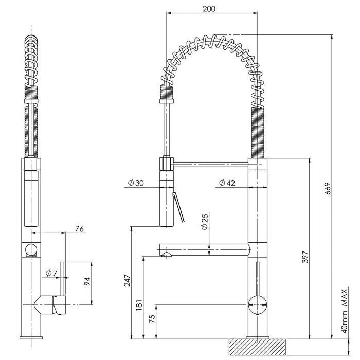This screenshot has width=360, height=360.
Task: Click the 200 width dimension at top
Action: click(209, 9)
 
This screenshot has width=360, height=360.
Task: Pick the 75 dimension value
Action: click(150, 319)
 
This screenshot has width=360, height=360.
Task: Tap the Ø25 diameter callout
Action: click(205, 222)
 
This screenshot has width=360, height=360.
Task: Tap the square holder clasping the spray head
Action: click(167, 164)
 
